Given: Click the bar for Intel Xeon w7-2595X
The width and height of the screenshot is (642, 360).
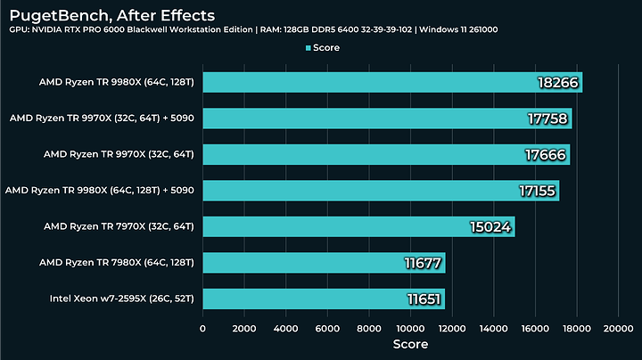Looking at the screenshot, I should [x=324, y=299].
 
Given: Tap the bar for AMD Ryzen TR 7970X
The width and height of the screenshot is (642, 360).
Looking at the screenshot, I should [x=358, y=226].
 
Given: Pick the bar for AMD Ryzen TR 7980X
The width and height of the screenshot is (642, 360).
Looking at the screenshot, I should [x=324, y=262].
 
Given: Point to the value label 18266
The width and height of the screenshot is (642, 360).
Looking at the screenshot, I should [x=559, y=83].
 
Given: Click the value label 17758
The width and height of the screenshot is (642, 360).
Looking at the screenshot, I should [x=548, y=119].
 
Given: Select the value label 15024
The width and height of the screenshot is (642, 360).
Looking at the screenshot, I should [x=490, y=226].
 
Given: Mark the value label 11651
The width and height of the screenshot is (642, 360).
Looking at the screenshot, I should [x=422, y=299].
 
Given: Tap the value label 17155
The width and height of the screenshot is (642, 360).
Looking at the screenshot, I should [x=537, y=191].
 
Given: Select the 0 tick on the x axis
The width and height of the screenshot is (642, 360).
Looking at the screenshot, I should [x=203, y=328].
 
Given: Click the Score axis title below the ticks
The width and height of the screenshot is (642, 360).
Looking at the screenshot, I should [x=410, y=344].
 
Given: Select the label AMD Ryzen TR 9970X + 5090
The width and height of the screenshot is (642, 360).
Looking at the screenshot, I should [x=102, y=119].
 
